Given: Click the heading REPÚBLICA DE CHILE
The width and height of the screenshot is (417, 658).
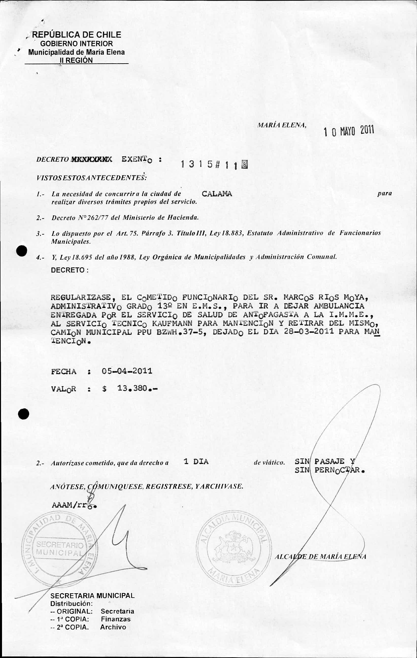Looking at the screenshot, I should (x=76, y=35).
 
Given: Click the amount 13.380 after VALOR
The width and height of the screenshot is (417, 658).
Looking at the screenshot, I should (x=132, y=388).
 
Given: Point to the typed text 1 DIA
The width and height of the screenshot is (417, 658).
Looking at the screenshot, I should (x=196, y=462).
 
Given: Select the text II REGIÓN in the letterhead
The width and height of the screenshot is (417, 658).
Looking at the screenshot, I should (x=76, y=60).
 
